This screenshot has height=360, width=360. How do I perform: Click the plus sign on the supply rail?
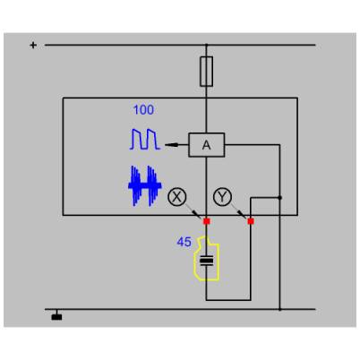pos(33,45)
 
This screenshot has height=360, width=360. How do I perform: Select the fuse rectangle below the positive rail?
pos(206,72)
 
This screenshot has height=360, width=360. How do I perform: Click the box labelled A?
pos(206,145)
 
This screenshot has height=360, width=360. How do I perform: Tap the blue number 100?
pos(143,110)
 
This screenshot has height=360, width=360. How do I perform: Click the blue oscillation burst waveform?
pos(145,186)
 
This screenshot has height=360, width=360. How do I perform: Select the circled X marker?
pos(177,197)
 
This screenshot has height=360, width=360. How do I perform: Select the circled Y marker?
pos(223,197)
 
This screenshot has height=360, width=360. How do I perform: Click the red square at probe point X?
pos(207,221)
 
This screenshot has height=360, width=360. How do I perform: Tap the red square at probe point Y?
pos(251,221)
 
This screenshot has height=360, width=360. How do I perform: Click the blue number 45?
pos(184,242)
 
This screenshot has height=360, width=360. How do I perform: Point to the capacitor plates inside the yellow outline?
pos(207,261)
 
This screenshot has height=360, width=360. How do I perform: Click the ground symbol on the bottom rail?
pos(56,317)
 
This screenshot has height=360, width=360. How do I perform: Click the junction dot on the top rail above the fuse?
pos(206,45)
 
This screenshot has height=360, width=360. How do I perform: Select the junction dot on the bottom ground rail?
pos(279,310)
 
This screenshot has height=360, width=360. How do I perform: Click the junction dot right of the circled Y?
pos(279,198)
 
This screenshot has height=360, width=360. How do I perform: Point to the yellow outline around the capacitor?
pos(194,262)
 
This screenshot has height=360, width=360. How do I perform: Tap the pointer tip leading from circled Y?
pos(246,219)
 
